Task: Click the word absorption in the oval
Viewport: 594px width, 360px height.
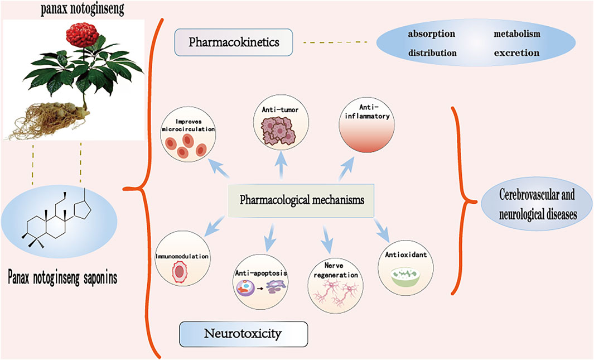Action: (431, 34)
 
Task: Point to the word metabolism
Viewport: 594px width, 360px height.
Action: (516, 34)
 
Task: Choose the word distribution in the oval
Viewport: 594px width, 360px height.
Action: (432, 53)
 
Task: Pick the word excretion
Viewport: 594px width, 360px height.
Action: (516, 53)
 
